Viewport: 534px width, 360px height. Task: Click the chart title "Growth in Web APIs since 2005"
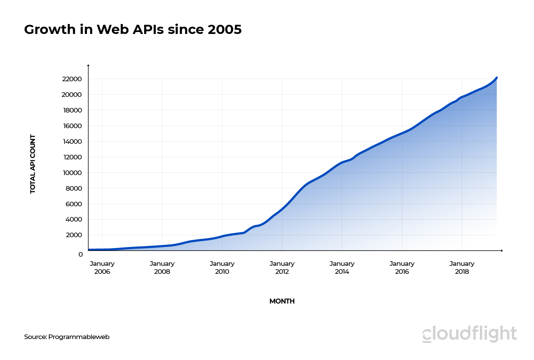click(133, 30)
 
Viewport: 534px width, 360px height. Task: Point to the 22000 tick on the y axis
click(72, 79)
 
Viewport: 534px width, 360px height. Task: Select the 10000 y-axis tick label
click(72, 173)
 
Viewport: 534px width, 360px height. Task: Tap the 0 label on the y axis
click(80, 254)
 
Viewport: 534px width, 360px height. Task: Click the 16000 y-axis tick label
click(72, 126)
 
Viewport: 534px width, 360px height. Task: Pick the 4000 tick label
click(74, 219)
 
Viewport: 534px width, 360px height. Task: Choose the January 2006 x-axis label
click(102, 268)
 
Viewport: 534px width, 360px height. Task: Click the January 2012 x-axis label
click(282, 268)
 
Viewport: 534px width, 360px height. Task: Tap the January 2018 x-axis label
click(462, 268)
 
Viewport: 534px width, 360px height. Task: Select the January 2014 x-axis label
click(342, 268)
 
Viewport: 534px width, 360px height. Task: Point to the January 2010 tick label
click(222, 268)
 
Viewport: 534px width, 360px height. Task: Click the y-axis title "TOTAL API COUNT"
click(33, 164)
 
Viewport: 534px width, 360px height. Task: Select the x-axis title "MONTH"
click(282, 301)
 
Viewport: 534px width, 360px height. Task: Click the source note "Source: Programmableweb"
click(67, 337)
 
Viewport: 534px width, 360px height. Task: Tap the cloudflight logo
click(470, 334)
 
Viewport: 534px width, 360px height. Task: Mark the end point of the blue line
click(497, 78)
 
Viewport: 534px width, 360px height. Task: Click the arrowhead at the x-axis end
click(502, 251)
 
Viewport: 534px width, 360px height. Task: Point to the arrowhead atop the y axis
click(88, 66)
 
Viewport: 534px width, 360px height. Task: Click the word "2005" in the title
click(225, 30)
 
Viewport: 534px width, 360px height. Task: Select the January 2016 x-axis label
click(402, 268)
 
